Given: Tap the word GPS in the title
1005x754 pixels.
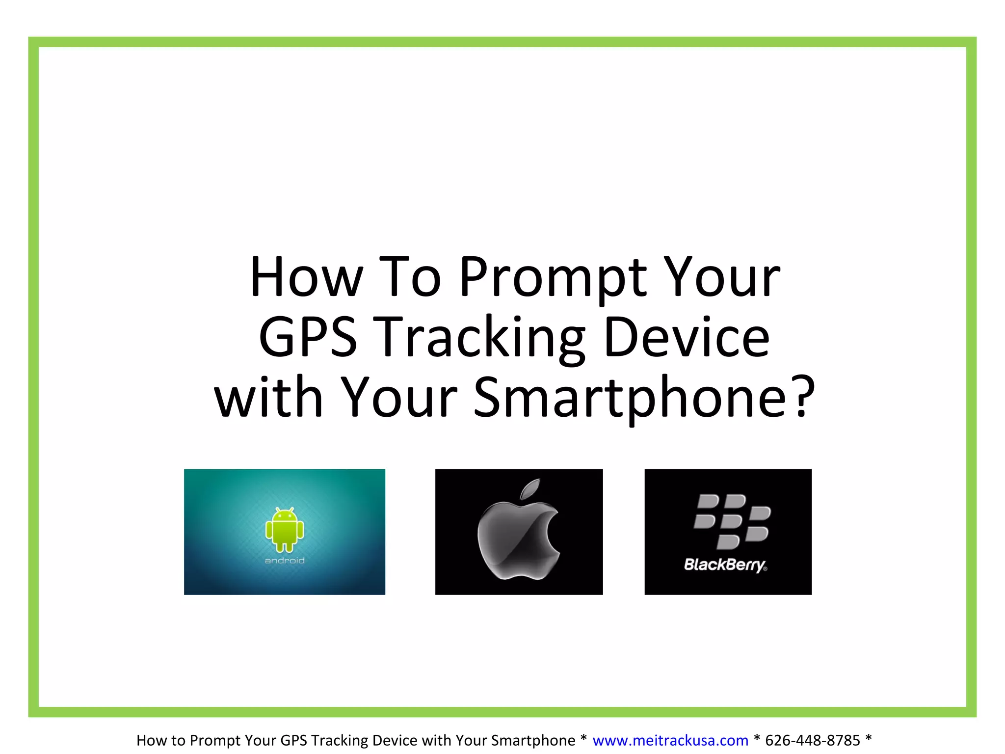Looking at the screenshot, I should pos(308,337).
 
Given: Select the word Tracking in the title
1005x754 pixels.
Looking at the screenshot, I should pos(481,339).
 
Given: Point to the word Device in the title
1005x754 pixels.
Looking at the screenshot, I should pos(687,337).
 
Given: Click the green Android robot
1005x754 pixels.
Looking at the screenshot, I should pos(285,530).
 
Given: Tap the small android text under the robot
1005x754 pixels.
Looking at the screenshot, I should pos(285,561).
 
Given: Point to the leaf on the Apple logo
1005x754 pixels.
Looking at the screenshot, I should pos(530,489).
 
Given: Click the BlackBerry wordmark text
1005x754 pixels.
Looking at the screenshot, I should pos(725,565).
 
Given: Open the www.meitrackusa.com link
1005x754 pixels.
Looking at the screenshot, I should pos(670,740).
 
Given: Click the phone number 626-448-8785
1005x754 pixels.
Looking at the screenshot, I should pos(813,740).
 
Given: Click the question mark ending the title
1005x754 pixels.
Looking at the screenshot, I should pos(803,397).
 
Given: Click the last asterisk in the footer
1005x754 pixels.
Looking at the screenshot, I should pos(869,738).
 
